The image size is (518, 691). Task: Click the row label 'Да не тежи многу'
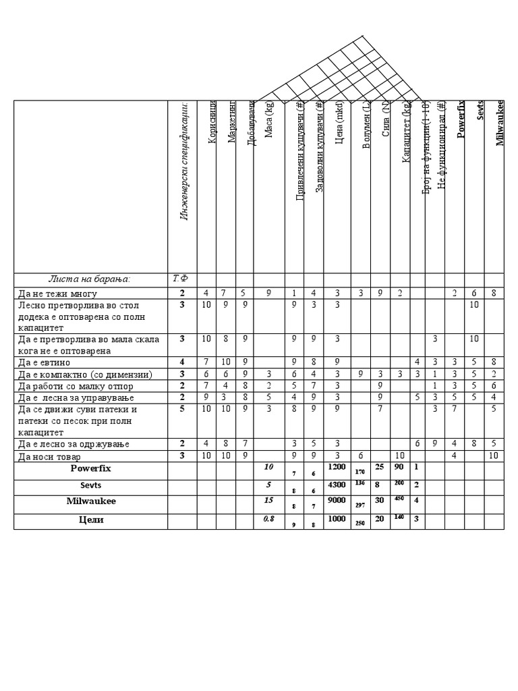pos(57,294)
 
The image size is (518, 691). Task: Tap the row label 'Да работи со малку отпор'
pos(76,386)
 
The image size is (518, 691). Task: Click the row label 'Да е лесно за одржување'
pos(74,444)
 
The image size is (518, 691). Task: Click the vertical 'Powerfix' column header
pos(461,119)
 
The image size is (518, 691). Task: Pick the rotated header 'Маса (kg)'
pos(269,119)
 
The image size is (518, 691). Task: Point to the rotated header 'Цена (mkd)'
pos(339,122)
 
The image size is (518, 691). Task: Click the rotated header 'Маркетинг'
pos(232,121)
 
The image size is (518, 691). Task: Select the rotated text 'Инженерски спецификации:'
pos(183,162)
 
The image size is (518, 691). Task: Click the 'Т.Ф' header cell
pos(180,279)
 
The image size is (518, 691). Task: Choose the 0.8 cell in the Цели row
pos(268,520)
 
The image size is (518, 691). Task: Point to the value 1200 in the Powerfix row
pos(336,466)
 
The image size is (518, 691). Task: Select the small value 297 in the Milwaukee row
pos(359,506)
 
